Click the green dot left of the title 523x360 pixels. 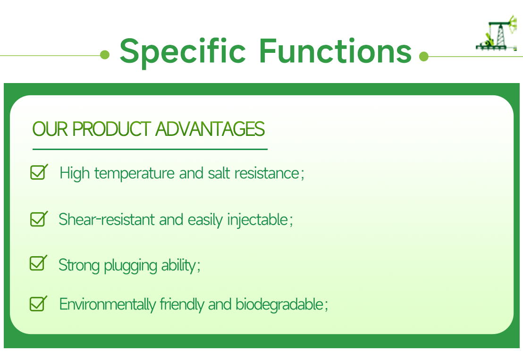click(x=105, y=56)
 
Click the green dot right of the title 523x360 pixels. click(x=423, y=57)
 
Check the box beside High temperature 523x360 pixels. click(x=38, y=173)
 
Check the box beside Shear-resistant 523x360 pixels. click(x=38, y=219)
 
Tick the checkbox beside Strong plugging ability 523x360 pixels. click(x=38, y=263)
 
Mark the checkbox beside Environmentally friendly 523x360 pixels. click(x=38, y=303)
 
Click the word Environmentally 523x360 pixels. click(x=107, y=305)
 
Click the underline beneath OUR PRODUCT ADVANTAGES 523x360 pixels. click(x=150, y=149)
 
